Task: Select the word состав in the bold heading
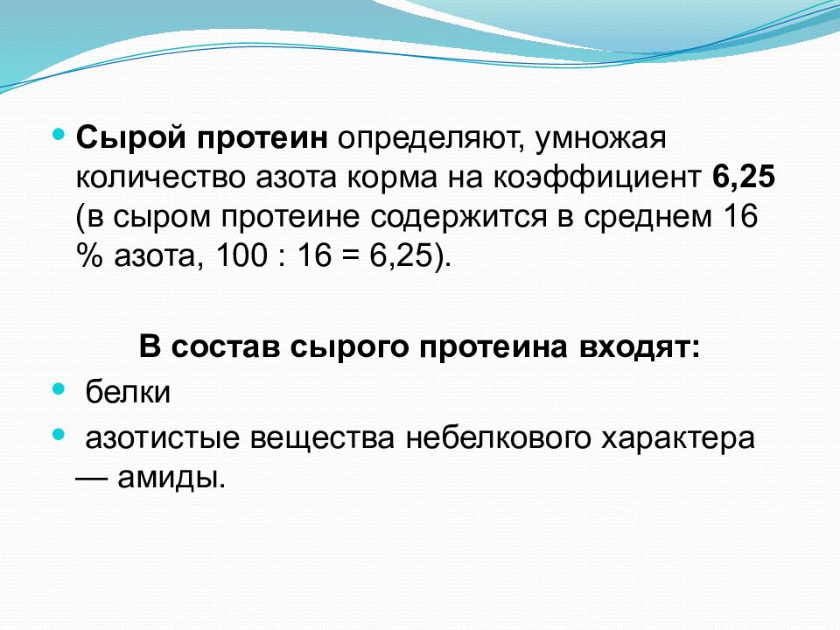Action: coord(225,347)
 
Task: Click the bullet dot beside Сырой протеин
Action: coord(59,136)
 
